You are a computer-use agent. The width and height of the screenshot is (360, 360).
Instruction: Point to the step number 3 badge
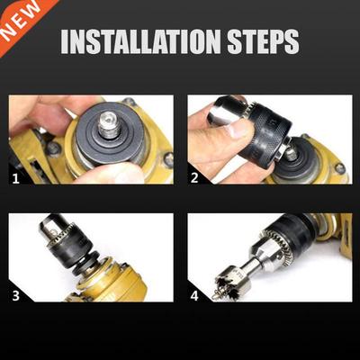[16, 293]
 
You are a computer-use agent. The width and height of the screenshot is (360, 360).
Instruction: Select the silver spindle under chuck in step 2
[291, 153]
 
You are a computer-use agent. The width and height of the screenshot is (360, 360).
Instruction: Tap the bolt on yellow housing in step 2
[339, 167]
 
